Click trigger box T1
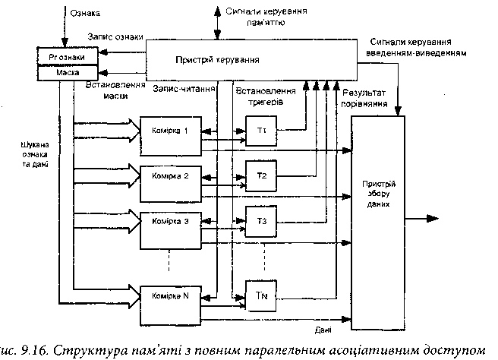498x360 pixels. [x=261, y=131]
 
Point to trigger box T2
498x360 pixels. [x=261, y=176]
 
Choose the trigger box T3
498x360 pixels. [x=261, y=221]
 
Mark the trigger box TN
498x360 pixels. [x=261, y=295]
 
